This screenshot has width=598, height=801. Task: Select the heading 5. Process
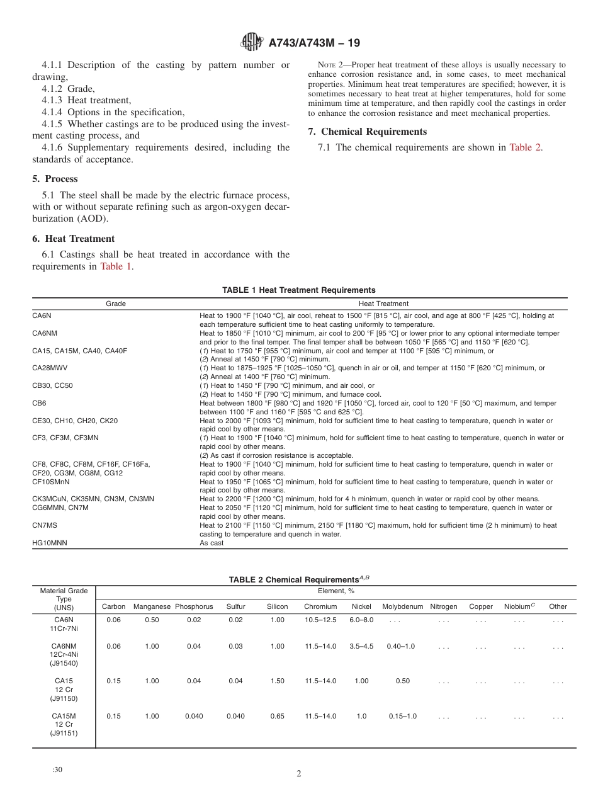(x=55, y=179)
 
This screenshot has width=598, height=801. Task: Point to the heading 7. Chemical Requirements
(x=367, y=132)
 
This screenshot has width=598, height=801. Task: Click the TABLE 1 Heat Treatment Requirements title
(x=299, y=290)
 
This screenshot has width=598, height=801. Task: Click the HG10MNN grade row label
(x=48, y=543)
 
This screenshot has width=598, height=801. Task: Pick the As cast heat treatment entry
(x=212, y=543)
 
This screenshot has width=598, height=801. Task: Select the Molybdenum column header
(x=402, y=606)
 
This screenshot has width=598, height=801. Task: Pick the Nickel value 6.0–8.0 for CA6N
(x=361, y=620)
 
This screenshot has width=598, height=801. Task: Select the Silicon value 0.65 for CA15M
(x=277, y=717)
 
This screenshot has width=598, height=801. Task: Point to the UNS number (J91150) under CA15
(x=64, y=698)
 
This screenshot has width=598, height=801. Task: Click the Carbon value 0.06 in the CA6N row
(x=113, y=620)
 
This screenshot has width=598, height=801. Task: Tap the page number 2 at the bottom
(x=299, y=774)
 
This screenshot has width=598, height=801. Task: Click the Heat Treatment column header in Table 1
(x=383, y=304)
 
